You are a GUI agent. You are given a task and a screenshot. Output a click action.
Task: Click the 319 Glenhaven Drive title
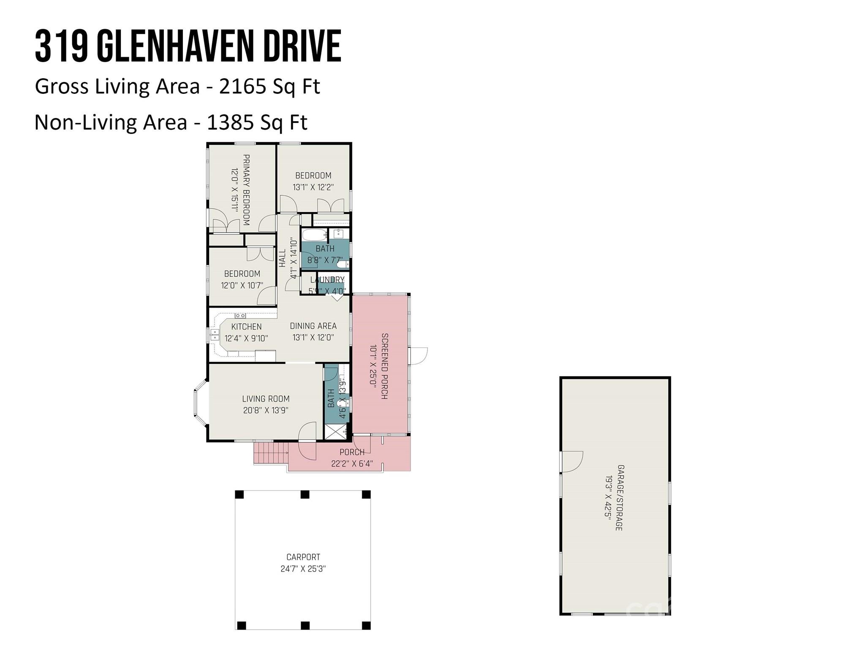coord(188,46)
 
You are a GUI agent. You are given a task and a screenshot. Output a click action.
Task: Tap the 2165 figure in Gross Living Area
coord(242,86)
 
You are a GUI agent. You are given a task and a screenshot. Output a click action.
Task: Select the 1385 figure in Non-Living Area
coord(230,123)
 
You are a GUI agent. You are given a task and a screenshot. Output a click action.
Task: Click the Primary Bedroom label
coord(246,190)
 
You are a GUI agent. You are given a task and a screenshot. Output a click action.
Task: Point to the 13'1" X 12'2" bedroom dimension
coord(313,187)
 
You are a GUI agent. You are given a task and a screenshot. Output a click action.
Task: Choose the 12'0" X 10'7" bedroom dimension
coord(242,286)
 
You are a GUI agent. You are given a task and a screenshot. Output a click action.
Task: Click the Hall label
coord(282,258)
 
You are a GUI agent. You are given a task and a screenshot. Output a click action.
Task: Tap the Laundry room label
coord(327,280)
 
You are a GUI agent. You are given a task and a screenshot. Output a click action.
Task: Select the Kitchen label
coord(246,327)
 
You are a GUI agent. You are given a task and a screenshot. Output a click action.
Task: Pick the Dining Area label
coord(313,326)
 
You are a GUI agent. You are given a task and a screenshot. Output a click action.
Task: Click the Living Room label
coord(266,398)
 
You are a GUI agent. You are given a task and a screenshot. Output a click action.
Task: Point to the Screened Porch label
coord(385,366)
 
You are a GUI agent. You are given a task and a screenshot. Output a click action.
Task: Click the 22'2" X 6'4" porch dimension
coord(352,464)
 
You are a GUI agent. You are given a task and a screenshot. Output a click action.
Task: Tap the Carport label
coord(303,557)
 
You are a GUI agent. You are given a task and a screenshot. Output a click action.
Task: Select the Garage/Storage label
coord(620,498)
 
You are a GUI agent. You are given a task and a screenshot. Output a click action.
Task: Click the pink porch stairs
coord(270,453)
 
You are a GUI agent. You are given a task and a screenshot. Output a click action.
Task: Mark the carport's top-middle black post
coord(305,494)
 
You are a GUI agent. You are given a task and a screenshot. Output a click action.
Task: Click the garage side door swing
coord(572,461)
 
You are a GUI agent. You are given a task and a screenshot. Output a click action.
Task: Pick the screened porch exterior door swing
coord(419,355)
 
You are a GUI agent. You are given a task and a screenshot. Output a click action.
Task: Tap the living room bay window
coord(201,403)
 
